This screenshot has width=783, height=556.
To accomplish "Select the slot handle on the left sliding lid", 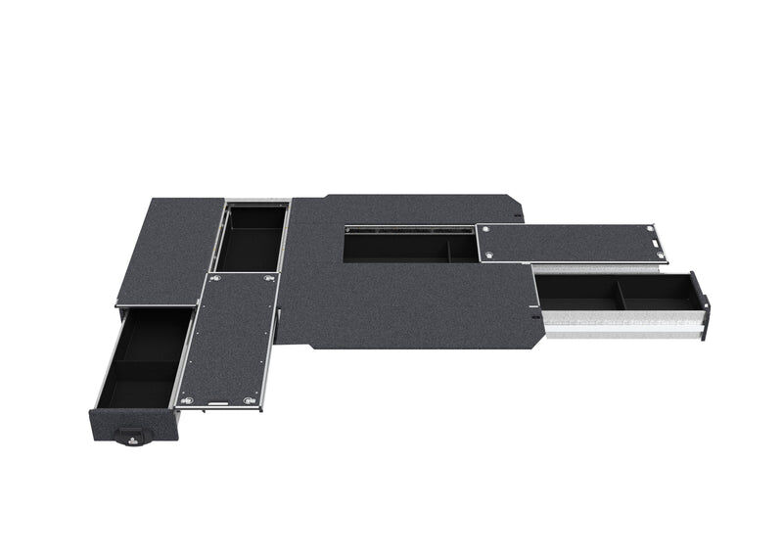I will click(219, 399).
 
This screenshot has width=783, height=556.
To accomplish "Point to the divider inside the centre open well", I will click(449, 249).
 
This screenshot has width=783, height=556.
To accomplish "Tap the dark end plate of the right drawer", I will click(699, 303).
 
